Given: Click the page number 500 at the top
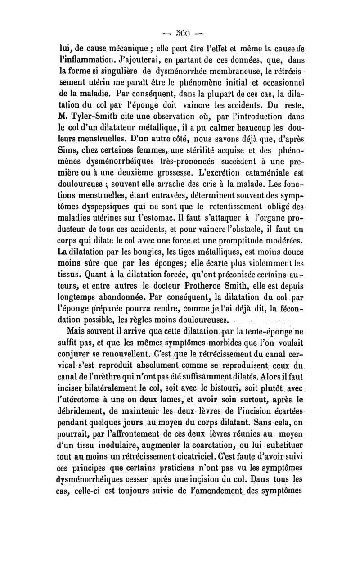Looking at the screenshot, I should [180, 33].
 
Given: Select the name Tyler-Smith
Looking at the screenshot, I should [98, 119].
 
